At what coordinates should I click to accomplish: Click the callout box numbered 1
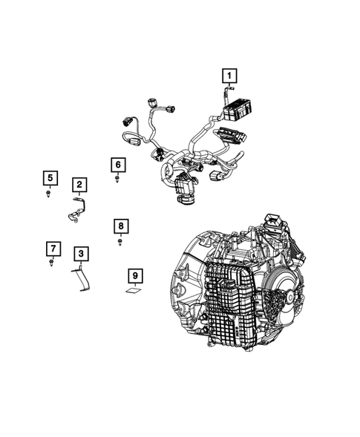coord(229,76)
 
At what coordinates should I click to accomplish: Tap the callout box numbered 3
coord(81,254)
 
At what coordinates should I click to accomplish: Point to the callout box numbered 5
coord(49,177)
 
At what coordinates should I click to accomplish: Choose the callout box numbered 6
coord(118,164)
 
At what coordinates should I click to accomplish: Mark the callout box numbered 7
coord(52,248)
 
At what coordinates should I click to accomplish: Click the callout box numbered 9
coord(134,277)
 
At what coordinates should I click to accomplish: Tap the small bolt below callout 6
coord(119,179)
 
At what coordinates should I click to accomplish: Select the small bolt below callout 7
coord(51,263)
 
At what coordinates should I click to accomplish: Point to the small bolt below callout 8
coord(121,240)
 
